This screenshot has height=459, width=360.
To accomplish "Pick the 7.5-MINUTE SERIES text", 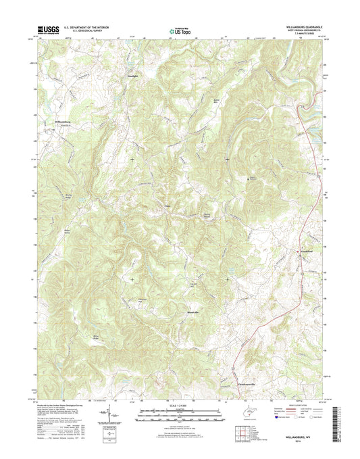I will pyautogui.click(x=311, y=35).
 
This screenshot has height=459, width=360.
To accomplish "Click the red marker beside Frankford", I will pyautogui.click(x=301, y=252).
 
